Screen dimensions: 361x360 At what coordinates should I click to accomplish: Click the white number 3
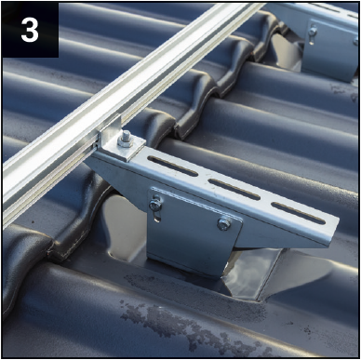[x=30, y=31]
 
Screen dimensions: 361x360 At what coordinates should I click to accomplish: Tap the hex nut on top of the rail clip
[x=126, y=140]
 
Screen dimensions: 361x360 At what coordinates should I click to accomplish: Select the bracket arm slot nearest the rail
[x=172, y=166]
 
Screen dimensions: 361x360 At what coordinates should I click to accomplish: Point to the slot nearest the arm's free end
[x=299, y=213]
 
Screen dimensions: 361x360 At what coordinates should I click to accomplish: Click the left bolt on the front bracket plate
[x=155, y=204]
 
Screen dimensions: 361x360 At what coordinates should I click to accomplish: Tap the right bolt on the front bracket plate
[x=224, y=224]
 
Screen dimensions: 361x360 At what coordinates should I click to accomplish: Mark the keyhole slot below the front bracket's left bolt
[x=157, y=215]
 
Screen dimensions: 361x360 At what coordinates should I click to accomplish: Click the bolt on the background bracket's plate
[x=313, y=32]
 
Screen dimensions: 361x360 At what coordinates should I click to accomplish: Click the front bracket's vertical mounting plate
[x=193, y=231]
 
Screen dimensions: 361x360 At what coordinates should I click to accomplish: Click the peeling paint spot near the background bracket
[x=341, y=90]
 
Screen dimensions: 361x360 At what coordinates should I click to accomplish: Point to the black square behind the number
[x=31, y=30]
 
